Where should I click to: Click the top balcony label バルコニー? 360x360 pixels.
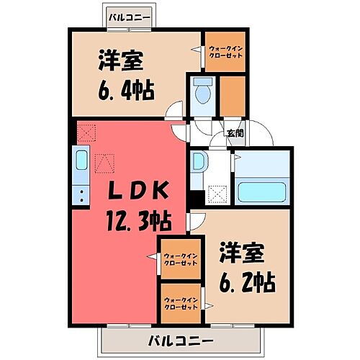pyautogui.click(x=130, y=15)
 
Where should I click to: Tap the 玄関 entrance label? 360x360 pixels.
pyautogui.click(x=234, y=132)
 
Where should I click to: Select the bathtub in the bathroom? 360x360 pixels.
pyautogui.click(x=263, y=193)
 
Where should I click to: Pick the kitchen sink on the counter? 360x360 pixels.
pyautogui.click(x=81, y=163)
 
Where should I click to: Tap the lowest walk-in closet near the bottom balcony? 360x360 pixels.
pyautogui.click(x=180, y=302)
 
